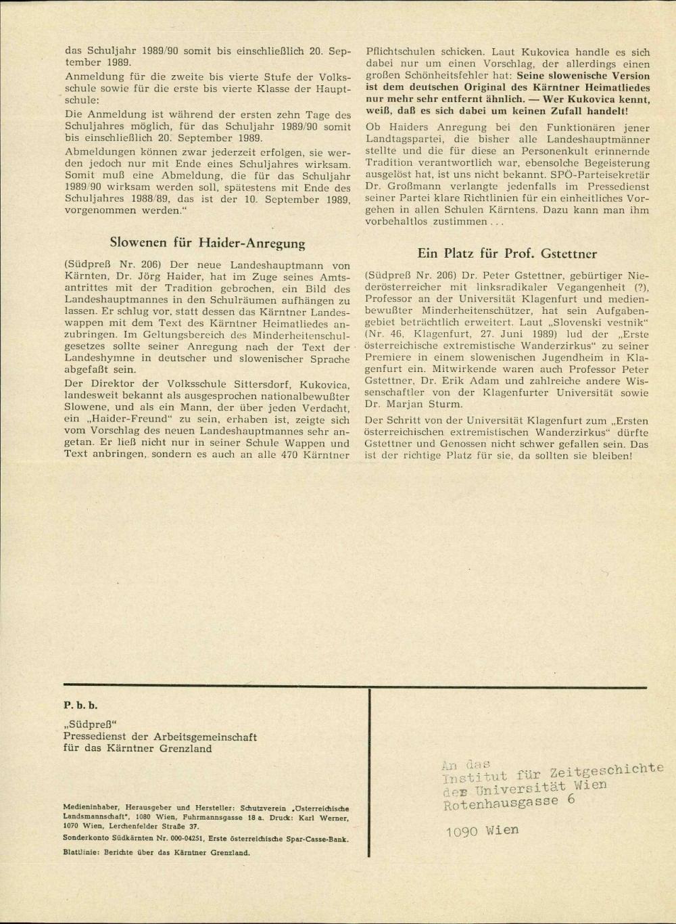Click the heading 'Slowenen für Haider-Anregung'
[207, 243]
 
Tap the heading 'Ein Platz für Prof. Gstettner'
[507, 254]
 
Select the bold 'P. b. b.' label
[80, 705]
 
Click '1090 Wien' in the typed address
[482, 831]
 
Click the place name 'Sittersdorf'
[258, 384]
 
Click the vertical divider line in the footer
[370, 771]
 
